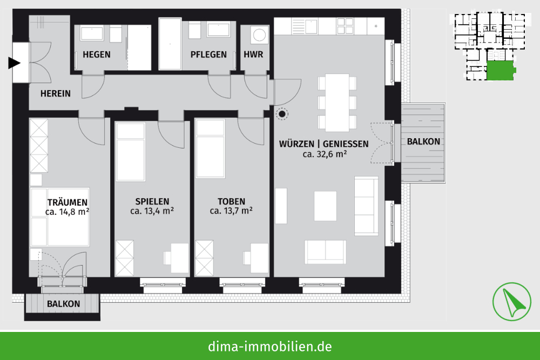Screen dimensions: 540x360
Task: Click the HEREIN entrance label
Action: click(56, 93)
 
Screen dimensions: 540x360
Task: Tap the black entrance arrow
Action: click(15, 63)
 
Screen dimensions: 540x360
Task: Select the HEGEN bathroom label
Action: click(97, 55)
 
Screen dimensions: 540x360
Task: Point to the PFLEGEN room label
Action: click(208, 55)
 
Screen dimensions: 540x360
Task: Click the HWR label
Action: click(253, 55)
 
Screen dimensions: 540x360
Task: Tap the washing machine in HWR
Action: click(259, 35)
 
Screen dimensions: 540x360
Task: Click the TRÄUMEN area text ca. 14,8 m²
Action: click(67, 212)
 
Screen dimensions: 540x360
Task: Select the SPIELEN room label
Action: click(152, 201)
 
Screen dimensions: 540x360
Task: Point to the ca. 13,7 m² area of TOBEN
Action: click(231, 210)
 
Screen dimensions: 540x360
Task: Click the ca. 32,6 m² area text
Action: click(325, 154)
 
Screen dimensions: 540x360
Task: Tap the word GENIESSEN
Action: click(346, 144)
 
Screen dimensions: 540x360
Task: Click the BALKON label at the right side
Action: click(423, 141)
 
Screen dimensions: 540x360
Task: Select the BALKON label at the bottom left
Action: click(63, 304)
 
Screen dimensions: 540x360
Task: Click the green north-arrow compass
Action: click(511, 302)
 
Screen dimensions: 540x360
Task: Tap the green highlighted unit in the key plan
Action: click(501, 71)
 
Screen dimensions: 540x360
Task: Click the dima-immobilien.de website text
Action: click(270, 346)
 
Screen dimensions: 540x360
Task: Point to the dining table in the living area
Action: click(337, 103)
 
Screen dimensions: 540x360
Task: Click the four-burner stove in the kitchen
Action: click(345, 26)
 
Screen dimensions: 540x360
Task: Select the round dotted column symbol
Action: click(282, 114)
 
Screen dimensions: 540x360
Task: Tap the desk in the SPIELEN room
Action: click(180, 258)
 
